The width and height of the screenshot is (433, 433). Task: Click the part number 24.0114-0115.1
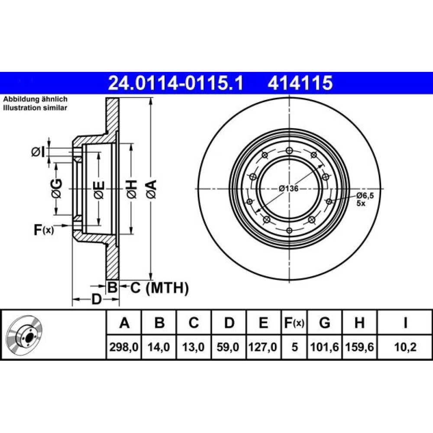click(176, 83)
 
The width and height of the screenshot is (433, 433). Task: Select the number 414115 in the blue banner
click(300, 83)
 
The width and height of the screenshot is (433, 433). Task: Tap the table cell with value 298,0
click(124, 347)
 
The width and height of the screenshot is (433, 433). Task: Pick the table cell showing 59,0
click(228, 347)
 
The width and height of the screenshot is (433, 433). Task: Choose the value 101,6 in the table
click(325, 347)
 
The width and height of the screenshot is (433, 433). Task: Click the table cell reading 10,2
click(405, 347)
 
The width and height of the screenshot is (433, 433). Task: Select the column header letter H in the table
click(359, 323)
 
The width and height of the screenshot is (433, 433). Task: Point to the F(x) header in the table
click(294, 323)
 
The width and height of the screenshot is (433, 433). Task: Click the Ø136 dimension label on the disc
click(288, 189)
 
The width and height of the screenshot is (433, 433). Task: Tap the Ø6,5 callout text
click(365, 196)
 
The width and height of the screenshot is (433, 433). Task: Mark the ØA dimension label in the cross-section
click(152, 189)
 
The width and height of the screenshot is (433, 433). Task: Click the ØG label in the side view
click(57, 189)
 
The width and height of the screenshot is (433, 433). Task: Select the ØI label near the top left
click(38, 152)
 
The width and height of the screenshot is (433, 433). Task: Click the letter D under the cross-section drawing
click(97, 299)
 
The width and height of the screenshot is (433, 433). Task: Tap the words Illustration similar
click(35, 108)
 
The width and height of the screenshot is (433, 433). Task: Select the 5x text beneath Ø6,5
click(361, 204)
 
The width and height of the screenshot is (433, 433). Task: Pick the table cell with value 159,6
click(359, 347)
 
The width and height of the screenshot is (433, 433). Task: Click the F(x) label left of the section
click(44, 230)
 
